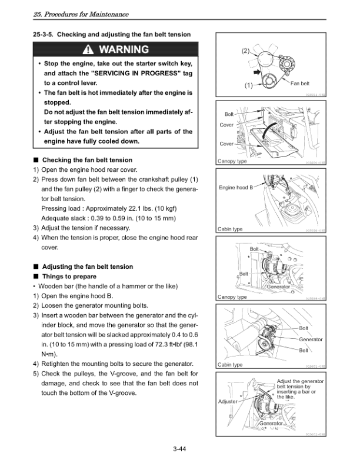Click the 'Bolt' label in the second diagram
(x=229, y=114)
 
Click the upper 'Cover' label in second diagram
(x=226, y=125)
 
